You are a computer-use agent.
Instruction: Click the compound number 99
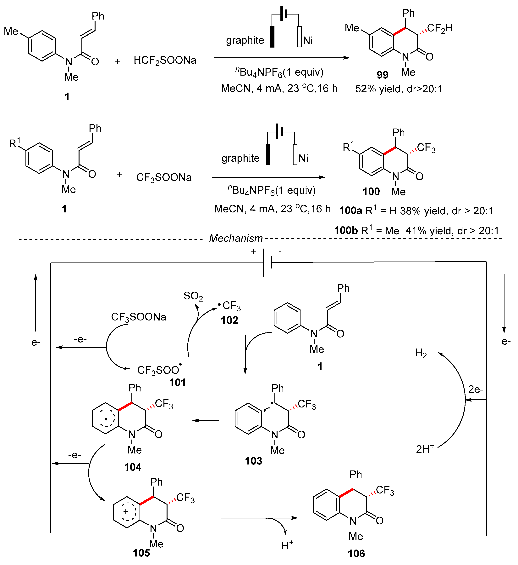[382, 75]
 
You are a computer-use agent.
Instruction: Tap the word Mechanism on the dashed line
[236, 238]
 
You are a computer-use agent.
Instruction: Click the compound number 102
[229, 320]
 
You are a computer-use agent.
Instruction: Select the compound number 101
[177, 382]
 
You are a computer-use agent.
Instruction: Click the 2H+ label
[425, 449]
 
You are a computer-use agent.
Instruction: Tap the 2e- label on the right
[476, 389]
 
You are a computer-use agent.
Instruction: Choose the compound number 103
[253, 461]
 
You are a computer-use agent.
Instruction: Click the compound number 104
[133, 467]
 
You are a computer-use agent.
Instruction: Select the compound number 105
[141, 553]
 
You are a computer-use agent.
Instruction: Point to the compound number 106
[356, 553]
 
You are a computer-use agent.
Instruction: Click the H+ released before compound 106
[287, 545]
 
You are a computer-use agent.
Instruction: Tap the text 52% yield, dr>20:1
[399, 89]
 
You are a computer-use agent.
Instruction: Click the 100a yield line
[416, 210]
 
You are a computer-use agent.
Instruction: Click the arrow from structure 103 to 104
[206, 420]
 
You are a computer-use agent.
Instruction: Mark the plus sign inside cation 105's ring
[126, 511]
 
